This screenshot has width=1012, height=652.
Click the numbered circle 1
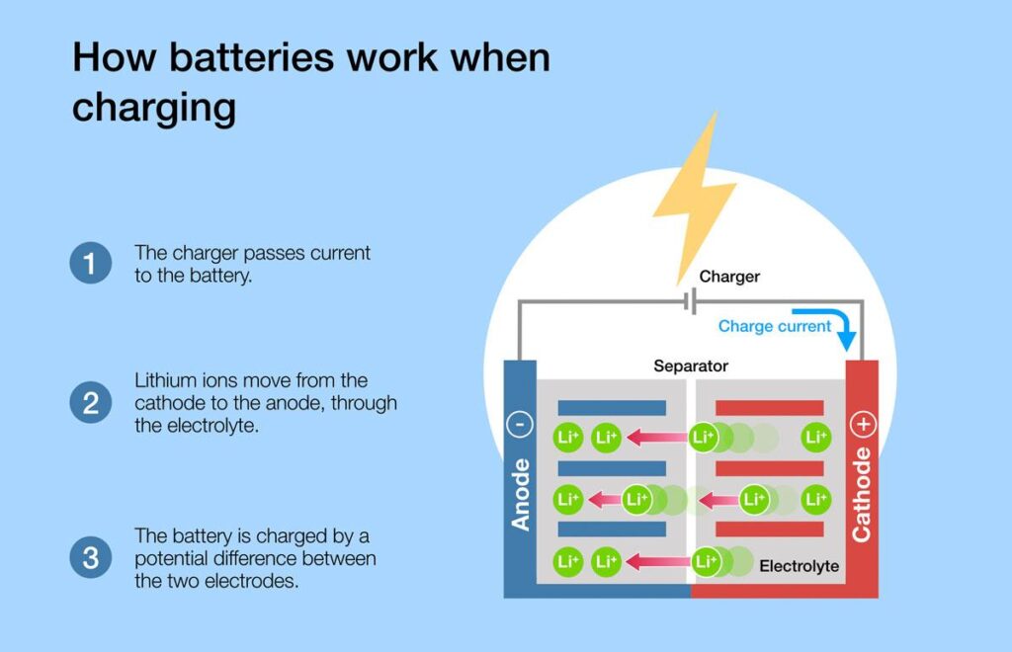[90, 263]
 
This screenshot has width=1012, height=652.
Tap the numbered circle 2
[90, 402]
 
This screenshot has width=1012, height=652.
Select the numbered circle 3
[90, 557]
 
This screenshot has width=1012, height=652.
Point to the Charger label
[729, 277]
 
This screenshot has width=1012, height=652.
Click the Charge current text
[775, 326]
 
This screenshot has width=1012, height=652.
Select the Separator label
[691, 367]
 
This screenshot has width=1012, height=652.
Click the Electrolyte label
[799, 566]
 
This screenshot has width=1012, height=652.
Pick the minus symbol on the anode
[520, 425]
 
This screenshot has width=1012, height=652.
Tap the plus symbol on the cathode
[863, 425]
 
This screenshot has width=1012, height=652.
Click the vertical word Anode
[520, 495]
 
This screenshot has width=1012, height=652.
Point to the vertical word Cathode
[862, 495]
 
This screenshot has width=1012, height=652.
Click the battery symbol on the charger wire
[691, 301]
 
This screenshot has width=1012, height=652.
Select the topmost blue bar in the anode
[612, 408]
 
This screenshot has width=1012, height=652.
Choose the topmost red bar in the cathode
[769, 408]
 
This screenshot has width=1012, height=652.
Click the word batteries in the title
[252, 56]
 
